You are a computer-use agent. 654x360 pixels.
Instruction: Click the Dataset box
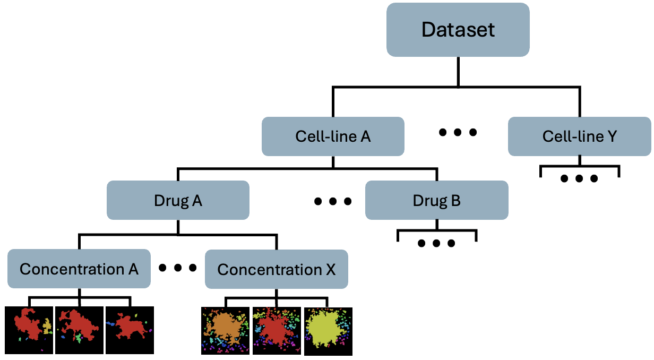458,30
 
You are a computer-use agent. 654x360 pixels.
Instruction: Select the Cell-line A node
333,136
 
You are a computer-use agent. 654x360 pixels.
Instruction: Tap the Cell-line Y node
580,136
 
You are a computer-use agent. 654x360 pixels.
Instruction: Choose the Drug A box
178,200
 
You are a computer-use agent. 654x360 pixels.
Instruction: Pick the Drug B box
436,200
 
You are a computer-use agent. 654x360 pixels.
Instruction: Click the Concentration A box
79,269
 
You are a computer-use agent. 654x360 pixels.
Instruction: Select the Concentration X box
276,269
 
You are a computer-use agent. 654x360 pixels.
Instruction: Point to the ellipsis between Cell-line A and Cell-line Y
458,132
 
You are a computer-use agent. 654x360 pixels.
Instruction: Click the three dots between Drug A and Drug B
332,201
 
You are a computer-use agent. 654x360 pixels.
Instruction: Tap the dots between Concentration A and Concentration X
177,268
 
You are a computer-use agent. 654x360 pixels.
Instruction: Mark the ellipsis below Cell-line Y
579,178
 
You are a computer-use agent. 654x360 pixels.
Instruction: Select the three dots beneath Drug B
436,243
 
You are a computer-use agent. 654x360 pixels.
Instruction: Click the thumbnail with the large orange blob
225,330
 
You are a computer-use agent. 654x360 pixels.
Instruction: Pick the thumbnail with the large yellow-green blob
328,331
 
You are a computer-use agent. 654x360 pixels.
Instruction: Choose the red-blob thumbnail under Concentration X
277,330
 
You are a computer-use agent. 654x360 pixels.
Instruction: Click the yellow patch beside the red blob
47,325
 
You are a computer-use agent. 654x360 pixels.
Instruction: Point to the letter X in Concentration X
331,270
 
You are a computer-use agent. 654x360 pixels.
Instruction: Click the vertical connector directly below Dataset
458,72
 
